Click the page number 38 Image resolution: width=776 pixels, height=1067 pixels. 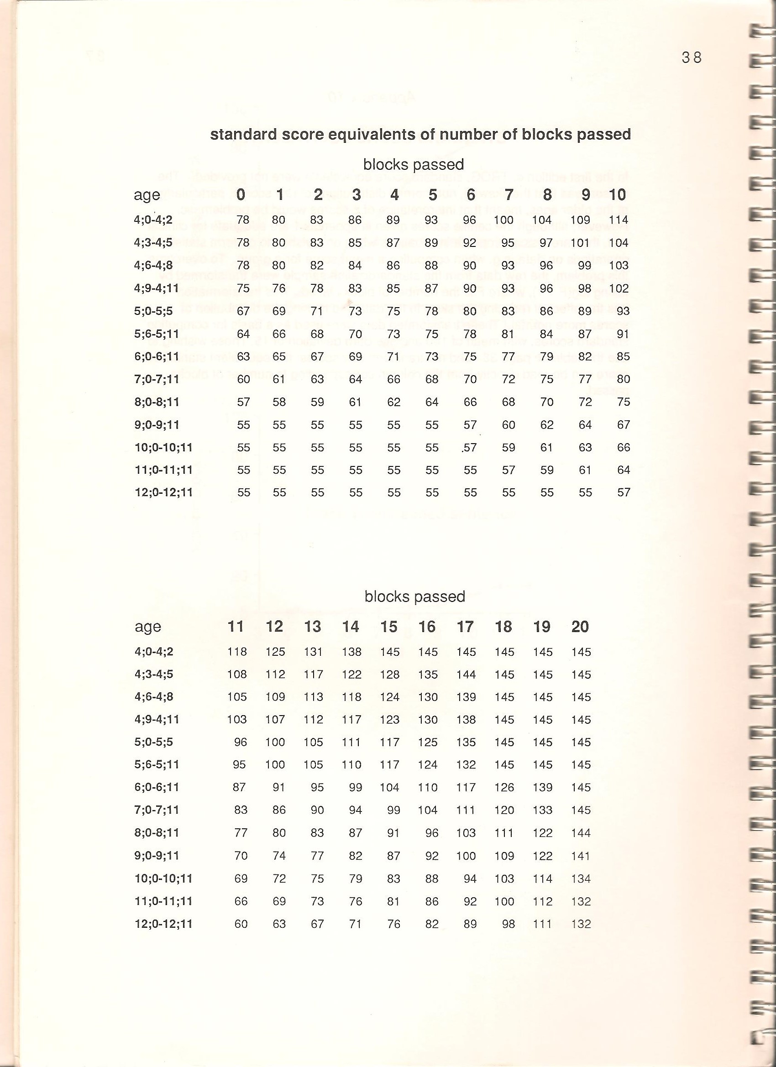tap(691, 58)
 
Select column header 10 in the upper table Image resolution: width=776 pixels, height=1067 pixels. tap(618, 194)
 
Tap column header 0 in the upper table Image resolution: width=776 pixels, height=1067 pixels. tap(241, 194)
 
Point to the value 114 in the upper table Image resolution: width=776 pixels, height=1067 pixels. tap(619, 220)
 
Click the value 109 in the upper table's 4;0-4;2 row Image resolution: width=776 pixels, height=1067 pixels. tap(580, 220)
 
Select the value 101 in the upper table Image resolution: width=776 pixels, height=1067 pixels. tap(580, 243)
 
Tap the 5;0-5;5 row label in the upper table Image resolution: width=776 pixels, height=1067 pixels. tap(153, 311)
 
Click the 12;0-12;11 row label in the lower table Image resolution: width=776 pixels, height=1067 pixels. tap(164, 924)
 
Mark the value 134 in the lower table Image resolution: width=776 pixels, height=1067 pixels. tap(581, 879)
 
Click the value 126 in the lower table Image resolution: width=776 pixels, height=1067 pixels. tap(504, 788)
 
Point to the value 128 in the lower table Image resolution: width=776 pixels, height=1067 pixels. tap(390, 675)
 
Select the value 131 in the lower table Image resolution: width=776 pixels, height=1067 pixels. tap(313, 652)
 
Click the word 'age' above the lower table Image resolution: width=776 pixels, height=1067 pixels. tap(148, 627)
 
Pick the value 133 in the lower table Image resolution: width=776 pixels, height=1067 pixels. tap(543, 810)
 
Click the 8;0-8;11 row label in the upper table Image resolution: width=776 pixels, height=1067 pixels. tap(157, 402)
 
